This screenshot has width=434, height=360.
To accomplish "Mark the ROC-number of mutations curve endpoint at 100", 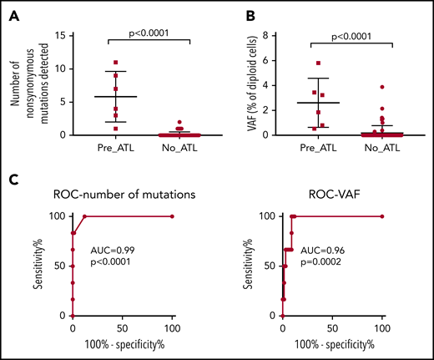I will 171,216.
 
